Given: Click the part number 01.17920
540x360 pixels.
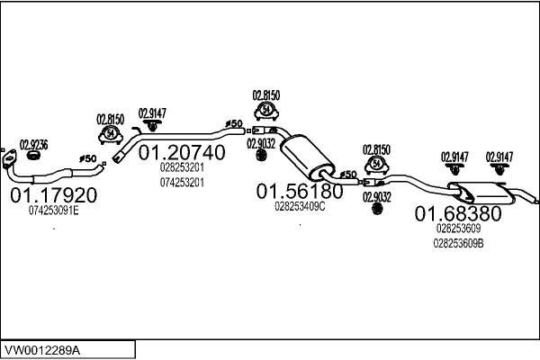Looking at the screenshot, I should pyautogui.click(x=53, y=194).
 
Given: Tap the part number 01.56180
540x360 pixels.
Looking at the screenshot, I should pyautogui.click(x=300, y=191).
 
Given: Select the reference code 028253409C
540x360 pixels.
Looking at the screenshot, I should pyautogui.click(x=300, y=206).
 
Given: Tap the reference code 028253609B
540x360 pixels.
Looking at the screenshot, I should pyautogui.click(x=458, y=242).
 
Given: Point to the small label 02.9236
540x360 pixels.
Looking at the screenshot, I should pyautogui.click(x=33, y=144).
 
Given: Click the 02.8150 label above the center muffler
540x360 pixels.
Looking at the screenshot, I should pyautogui.click(x=266, y=94).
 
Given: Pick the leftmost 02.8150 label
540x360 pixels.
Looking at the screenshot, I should pyautogui.click(x=110, y=118).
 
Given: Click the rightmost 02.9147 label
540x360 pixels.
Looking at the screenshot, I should pyautogui.click(x=499, y=157).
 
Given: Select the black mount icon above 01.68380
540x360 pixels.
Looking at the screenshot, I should pyautogui.click(x=376, y=210).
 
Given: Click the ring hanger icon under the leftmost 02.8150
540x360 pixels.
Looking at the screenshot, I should pyautogui.click(x=110, y=134).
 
